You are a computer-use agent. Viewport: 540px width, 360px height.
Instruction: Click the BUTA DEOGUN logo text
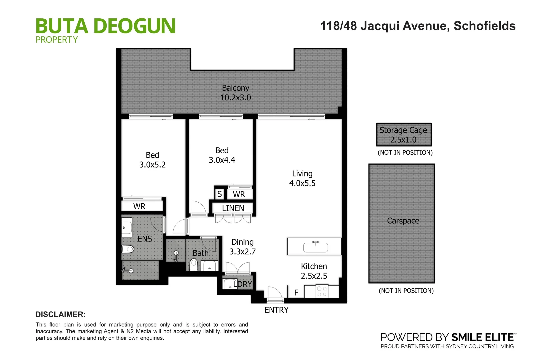coord(105,26)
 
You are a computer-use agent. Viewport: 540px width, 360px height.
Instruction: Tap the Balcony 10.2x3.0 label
coord(235,93)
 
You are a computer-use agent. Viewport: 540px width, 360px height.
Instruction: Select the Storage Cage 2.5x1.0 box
coord(404,135)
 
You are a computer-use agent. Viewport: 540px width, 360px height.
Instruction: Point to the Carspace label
coord(403,221)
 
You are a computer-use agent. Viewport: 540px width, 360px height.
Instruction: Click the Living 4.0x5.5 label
coord(302,178)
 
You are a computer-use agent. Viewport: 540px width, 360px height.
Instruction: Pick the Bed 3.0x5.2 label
coord(152,160)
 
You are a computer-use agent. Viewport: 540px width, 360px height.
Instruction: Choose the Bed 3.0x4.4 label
coord(222,155)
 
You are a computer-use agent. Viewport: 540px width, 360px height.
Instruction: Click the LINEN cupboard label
coord(233,208)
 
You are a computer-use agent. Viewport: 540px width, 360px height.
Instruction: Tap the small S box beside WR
coord(219,194)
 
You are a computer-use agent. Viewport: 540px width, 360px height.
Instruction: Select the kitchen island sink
coord(315,247)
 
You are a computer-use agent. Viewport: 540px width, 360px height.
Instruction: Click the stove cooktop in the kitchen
coord(322,291)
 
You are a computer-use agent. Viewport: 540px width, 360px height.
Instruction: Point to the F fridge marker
coord(296,293)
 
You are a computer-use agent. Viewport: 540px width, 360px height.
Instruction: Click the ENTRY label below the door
coord(276,310)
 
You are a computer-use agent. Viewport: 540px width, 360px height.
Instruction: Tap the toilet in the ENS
coord(128,249)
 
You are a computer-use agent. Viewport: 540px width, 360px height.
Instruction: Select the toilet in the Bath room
coord(194,265)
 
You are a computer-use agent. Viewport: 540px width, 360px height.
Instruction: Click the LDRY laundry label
coord(243,284)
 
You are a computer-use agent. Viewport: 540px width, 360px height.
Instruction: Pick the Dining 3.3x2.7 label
coord(242,247)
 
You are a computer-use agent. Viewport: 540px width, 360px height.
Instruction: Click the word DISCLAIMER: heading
coord(60,314)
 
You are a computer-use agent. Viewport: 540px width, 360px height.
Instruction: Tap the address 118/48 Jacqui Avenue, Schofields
coord(418,26)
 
